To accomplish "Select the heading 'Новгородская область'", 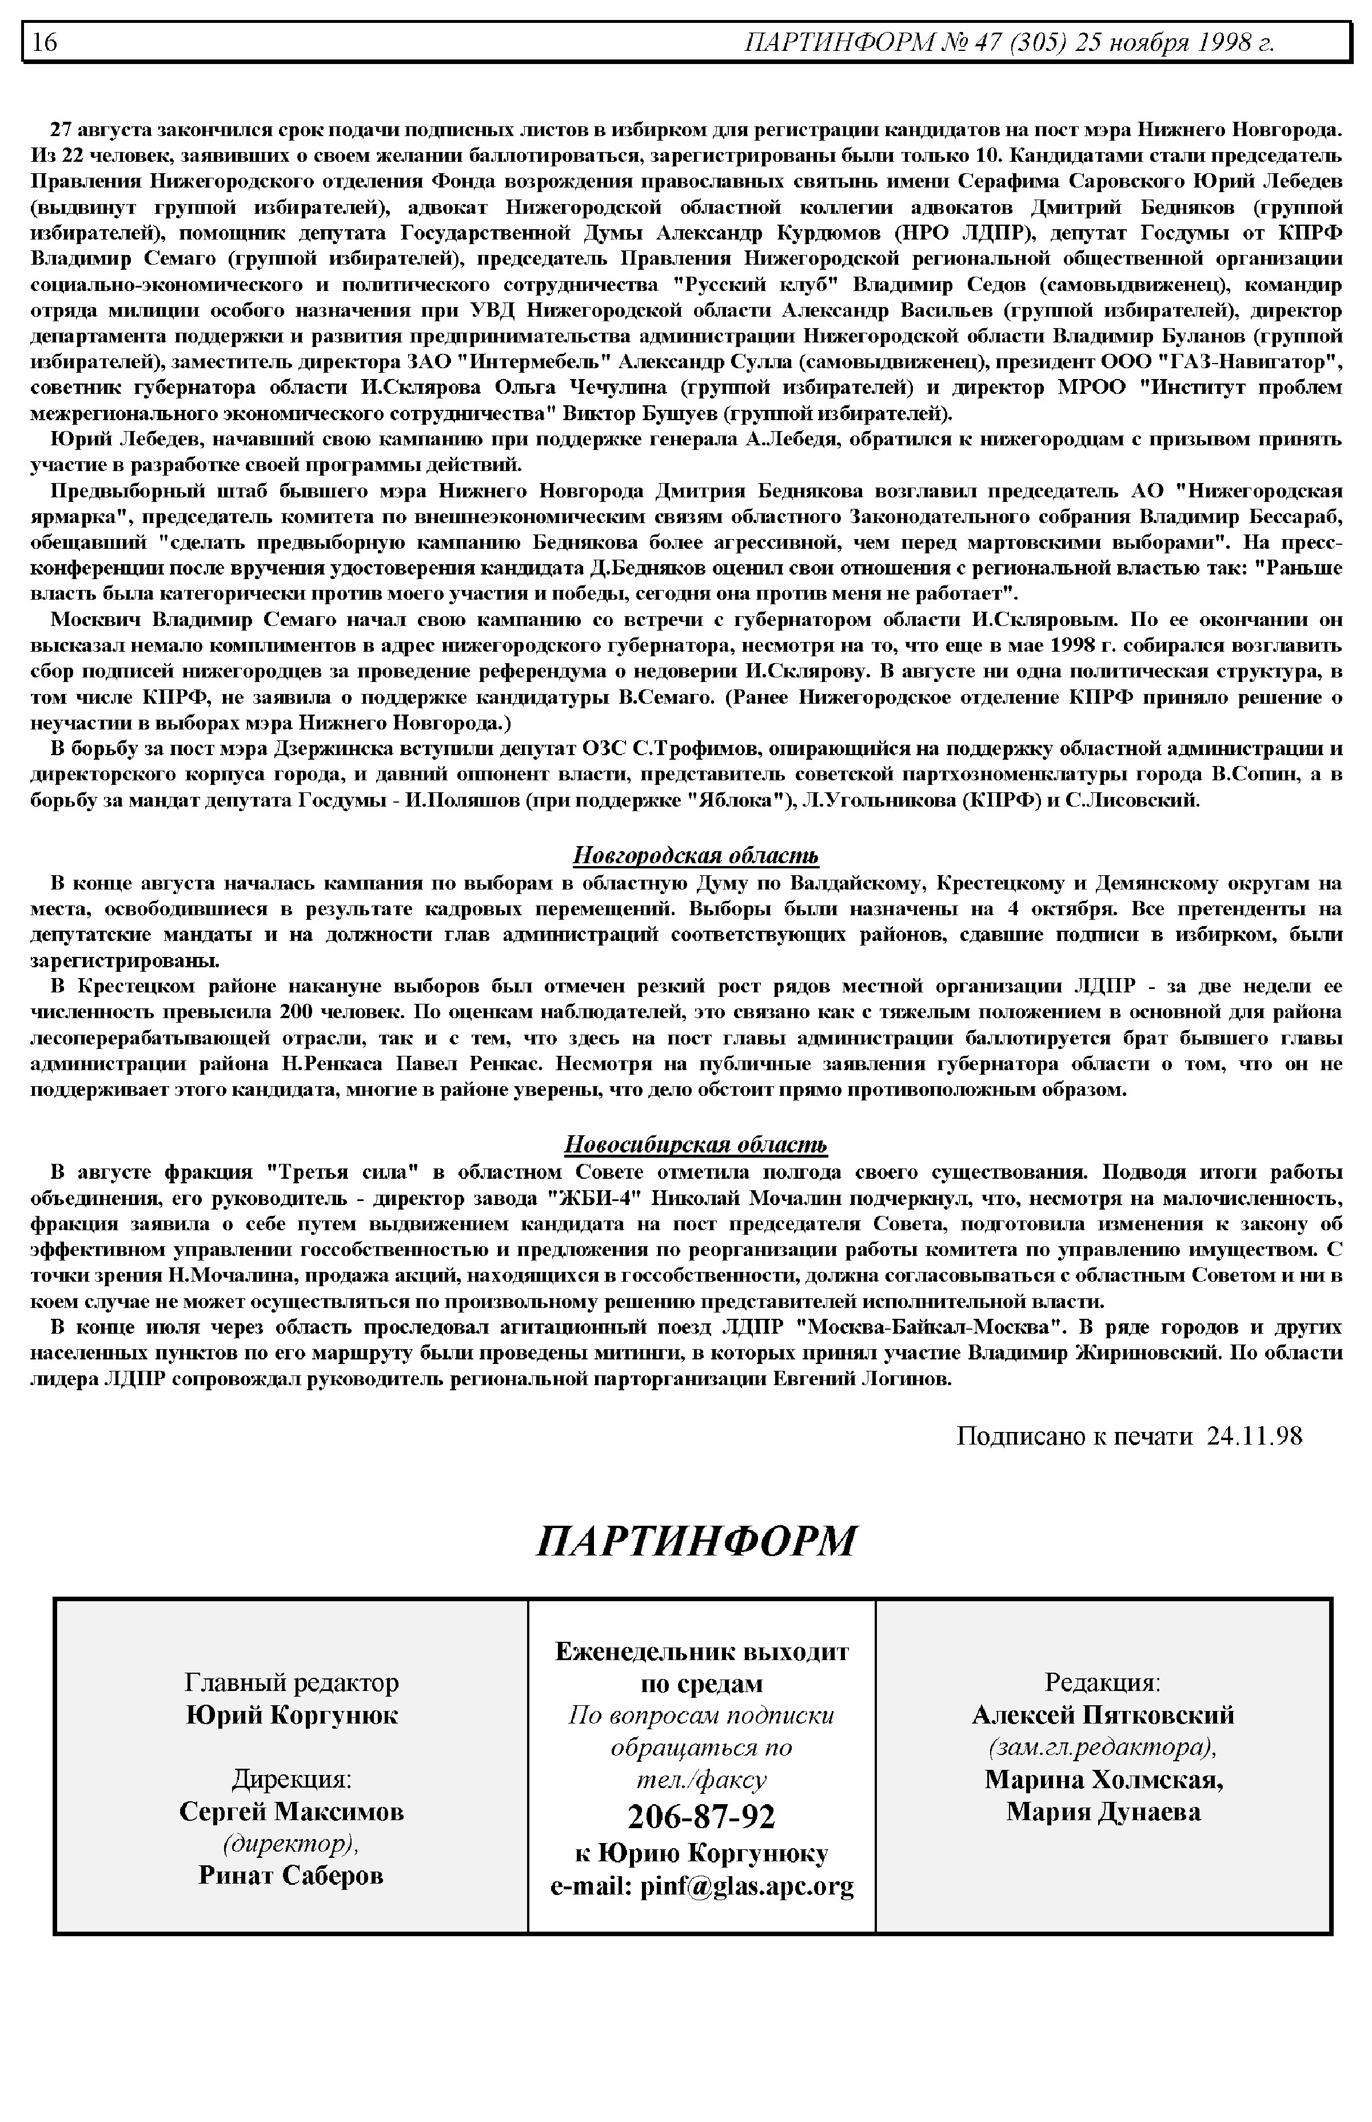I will [695, 856].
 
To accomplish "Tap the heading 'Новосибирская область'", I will [695, 1144].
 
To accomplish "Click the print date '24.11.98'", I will [1254, 1435].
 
